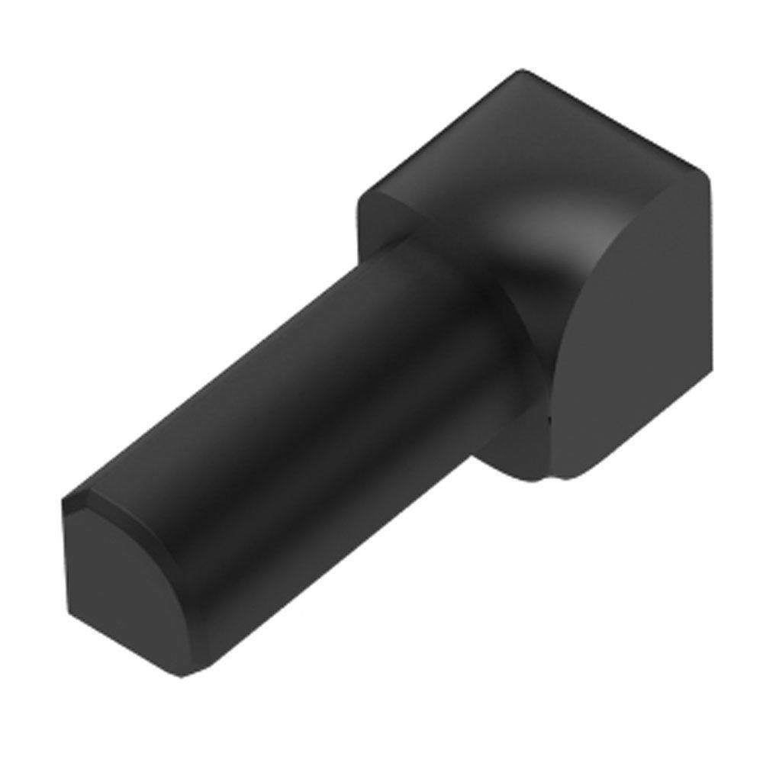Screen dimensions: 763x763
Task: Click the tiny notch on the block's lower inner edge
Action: coord(548,418)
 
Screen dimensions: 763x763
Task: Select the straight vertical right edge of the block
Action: coord(710,305)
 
